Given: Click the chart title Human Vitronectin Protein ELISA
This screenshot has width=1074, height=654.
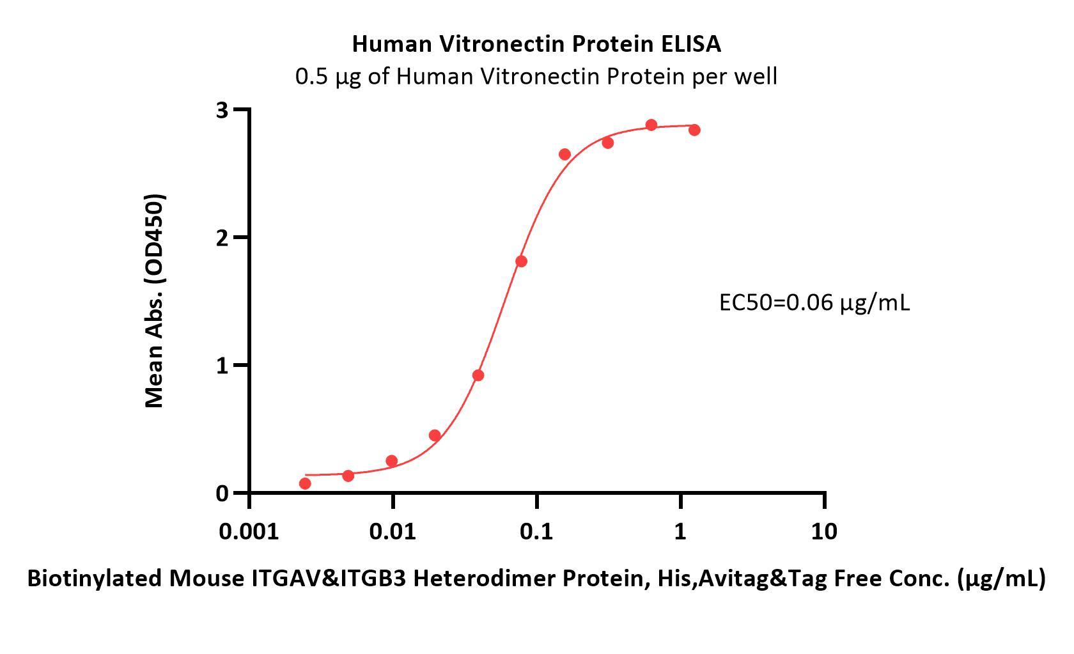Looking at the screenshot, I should pyautogui.click(x=536, y=44).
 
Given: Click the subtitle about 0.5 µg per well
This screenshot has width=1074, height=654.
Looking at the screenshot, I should pyautogui.click(x=536, y=77).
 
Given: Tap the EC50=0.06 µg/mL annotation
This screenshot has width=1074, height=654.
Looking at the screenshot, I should pyautogui.click(x=814, y=302).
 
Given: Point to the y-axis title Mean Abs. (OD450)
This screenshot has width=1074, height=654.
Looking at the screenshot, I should pyautogui.click(x=155, y=300).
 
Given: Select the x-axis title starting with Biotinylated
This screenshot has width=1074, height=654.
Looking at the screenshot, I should pyautogui.click(x=536, y=579).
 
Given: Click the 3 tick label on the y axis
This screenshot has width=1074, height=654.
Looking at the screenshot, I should pyautogui.click(x=222, y=111).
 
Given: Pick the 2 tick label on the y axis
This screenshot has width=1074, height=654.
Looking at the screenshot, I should pyautogui.click(x=222, y=238).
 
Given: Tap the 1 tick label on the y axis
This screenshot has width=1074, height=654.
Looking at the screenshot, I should pyautogui.click(x=222, y=366).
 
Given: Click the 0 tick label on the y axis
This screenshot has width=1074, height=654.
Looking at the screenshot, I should pyautogui.click(x=222, y=494).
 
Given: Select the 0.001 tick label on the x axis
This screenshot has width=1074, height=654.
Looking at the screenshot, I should pyautogui.click(x=249, y=531).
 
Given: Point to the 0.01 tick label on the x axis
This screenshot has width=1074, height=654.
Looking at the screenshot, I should pyautogui.click(x=393, y=531).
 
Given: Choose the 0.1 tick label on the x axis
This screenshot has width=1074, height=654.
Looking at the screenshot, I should pyautogui.click(x=536, y=531).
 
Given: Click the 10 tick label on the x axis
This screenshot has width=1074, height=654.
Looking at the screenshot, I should pyautogui.click(x=823, y=531).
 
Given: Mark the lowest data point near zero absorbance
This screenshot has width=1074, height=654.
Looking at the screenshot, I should pyautogui.click(x=305, y=483).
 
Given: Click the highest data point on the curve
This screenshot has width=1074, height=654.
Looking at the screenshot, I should pyautogui.click(x=651, y=125).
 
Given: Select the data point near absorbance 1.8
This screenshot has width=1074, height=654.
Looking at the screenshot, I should pyautogui.click(x=521, y=261).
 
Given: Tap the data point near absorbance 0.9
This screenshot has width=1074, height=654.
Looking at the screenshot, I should pyautogui.click(x=478, y=375).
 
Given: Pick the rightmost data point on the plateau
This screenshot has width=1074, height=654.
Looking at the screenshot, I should pyautogui.click(x=694, y=130).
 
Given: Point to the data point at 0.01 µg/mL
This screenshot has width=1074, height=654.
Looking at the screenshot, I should pyautogui.click(x=392, y=461).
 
